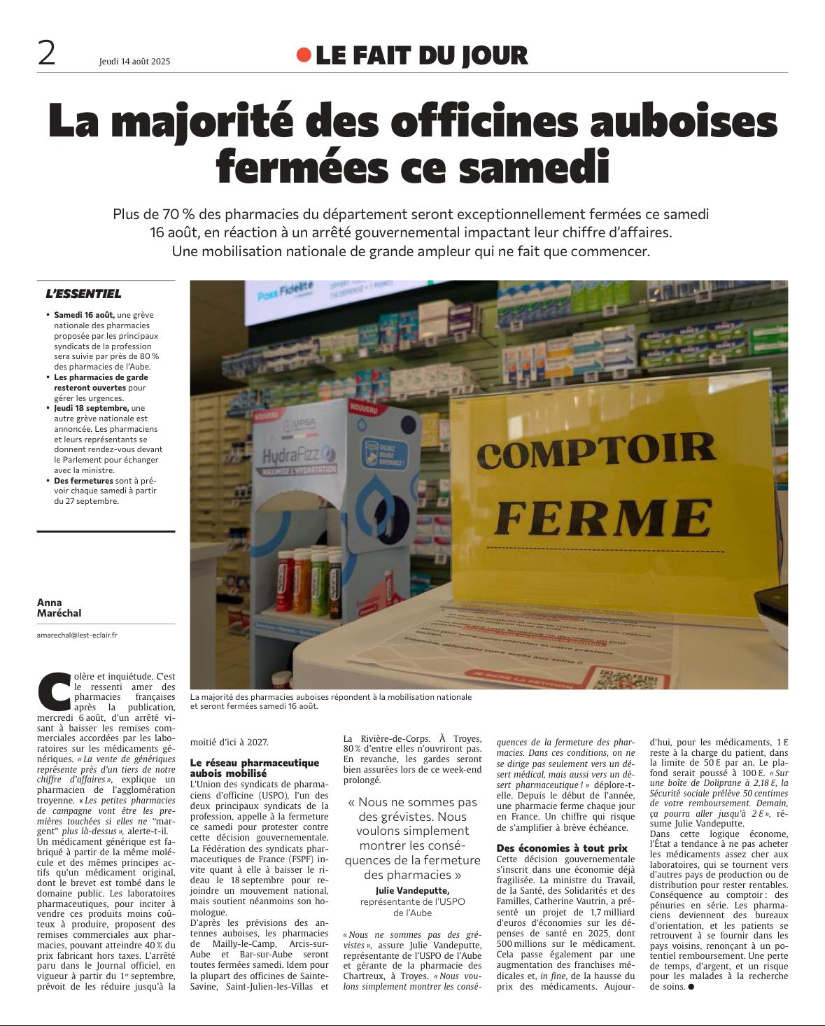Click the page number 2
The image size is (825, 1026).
tap(46, 54)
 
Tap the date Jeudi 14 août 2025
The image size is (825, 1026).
tap(134, 62)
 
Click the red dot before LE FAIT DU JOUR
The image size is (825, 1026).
tap(303, 55)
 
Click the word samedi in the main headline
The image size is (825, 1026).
tap(536, 167)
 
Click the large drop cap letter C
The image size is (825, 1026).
tap(54, 689)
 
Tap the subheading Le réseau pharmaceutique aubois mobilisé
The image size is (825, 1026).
tap(255, 768)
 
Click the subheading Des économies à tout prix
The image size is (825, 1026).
tap(562, 848)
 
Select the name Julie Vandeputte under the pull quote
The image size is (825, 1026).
tap(413, 890)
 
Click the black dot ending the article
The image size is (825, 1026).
tap(691, 987)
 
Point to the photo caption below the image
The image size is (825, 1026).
tap(330, 701)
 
